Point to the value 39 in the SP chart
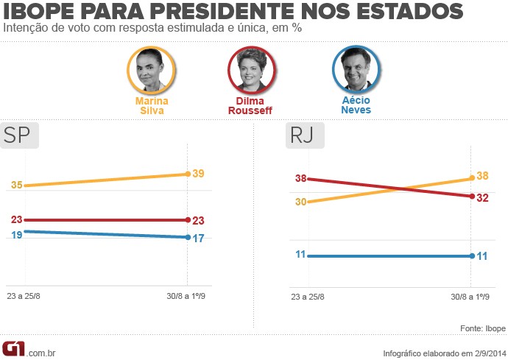tap(198, 174)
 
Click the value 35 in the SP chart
tap(15, 186)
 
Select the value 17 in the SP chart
tap(198, 238)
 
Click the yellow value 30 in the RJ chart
tap(300, 202)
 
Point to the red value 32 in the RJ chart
tap(482, 197)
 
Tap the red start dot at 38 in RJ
tap(309, 179)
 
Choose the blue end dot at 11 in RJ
tap(470, 256)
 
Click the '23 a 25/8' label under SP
tap(26, 297)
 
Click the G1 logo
tap(13, 348)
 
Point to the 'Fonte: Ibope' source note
tap(481, 328)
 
